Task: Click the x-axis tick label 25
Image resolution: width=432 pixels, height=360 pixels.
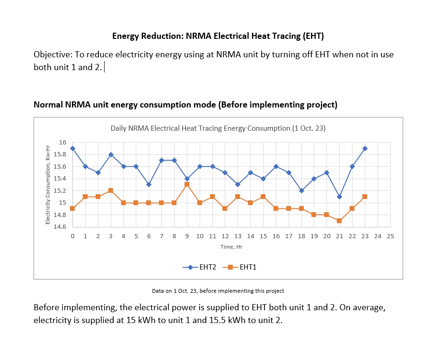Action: click(390, 236)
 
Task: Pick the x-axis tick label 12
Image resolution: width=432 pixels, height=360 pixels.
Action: click(225, 236)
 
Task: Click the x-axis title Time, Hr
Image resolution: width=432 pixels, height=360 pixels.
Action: click(231, 247)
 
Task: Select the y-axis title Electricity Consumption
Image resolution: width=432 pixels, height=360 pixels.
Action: click(48, 185)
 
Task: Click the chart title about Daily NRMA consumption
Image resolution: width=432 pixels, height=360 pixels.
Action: click(218, 128)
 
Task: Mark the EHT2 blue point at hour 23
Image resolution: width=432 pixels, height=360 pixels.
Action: click(365, 148)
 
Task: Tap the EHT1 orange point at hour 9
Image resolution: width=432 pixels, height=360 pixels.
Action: click(187, 184)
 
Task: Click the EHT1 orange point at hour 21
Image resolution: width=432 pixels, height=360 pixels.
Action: click(339, 221)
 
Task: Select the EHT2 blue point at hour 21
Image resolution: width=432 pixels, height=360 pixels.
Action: click(339, 197)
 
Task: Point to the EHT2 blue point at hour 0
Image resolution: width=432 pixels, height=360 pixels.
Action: click(72, 148)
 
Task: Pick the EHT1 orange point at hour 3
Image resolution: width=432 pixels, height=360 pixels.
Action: click(111, 190)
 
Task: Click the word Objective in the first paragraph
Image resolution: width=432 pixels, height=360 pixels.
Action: click(53, 54)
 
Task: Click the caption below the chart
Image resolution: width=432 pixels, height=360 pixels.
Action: click(218, 291)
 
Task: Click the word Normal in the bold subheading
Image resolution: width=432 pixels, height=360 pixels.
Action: click(48, 105)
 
